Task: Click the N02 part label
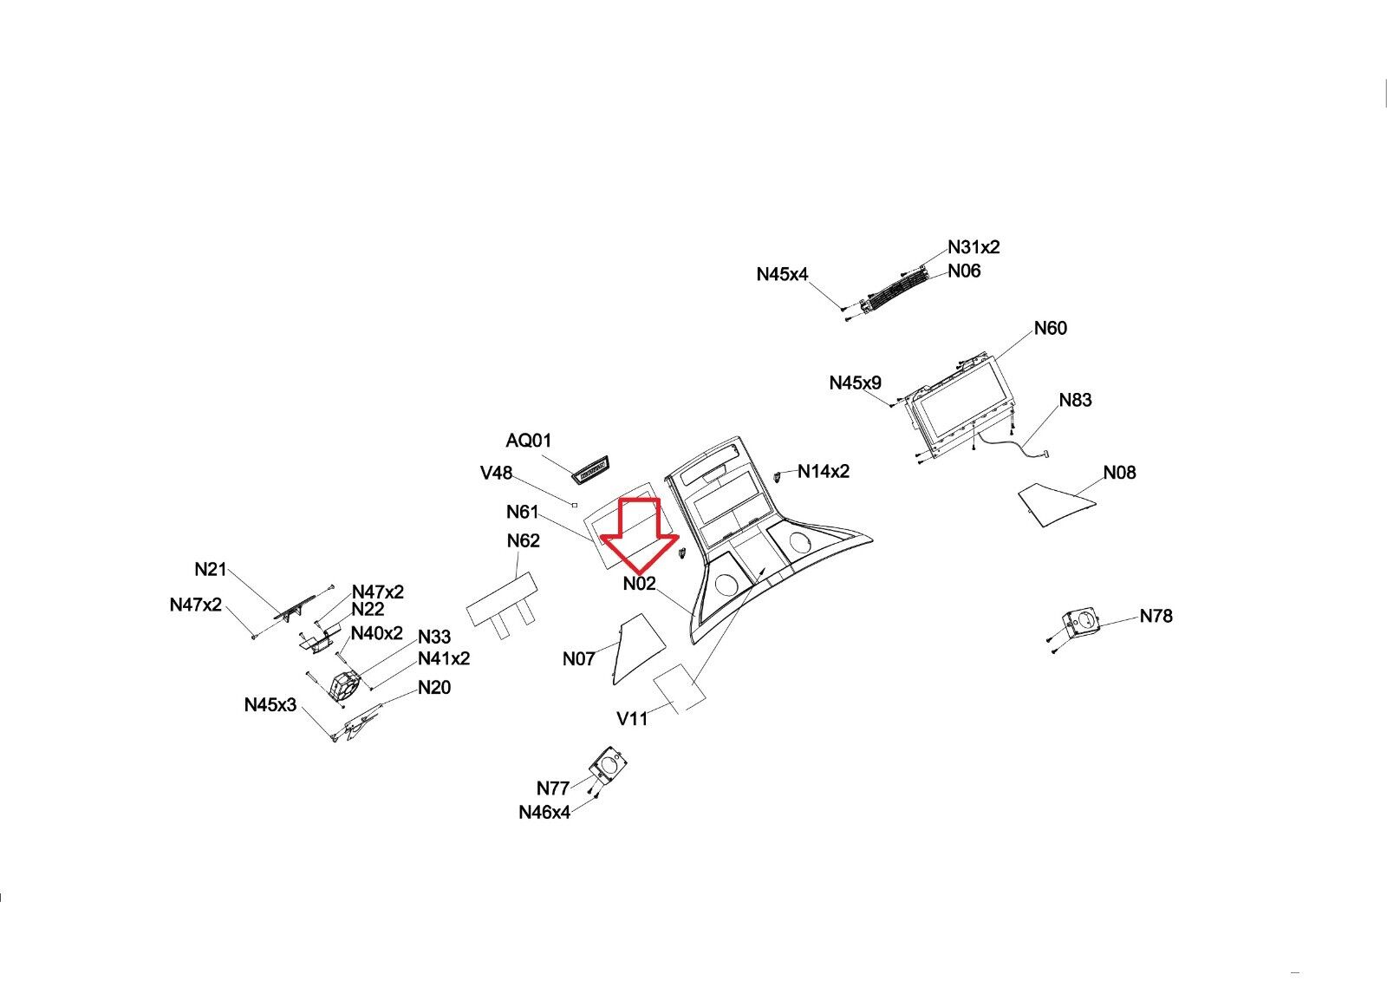(640, 584)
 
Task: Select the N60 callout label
(1050, 328)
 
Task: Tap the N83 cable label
(1075, 400)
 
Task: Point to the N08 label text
(1119, 473)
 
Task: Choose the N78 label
(1156, 616)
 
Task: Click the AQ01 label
(529, 441)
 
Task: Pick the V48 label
(496, 473)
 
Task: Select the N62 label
(523, 540)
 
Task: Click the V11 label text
(632, 718)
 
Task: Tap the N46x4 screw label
(544, 813)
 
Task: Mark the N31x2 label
(974, 247)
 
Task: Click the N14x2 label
(824, 471)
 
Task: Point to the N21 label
(211, 569)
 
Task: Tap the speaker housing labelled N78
(1080, 623)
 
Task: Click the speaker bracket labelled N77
(607, 765)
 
